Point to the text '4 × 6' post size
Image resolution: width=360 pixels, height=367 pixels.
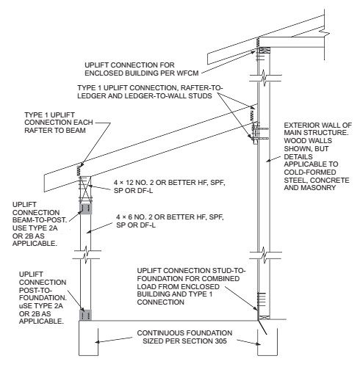click(x=124, y=217)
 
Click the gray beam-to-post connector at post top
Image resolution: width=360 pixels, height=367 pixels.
click(x=86, y=208)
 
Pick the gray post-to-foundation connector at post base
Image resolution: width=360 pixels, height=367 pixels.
click(x=85, y=315)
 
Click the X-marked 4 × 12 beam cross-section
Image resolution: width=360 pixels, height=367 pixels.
click(x=85, y=189)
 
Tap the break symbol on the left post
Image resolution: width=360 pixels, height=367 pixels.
click(x=87, y=255)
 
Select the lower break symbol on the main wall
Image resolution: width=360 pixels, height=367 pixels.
click(x=265, y=255)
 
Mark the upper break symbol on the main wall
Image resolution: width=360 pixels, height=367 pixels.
click(x=265, y=78)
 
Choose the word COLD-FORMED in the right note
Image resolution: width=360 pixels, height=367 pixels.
click(x=310, y=172)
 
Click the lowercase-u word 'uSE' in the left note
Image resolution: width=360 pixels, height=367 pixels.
click(x=26, y=306)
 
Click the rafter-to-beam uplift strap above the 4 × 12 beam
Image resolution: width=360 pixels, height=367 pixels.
click(x=79, y=170)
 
